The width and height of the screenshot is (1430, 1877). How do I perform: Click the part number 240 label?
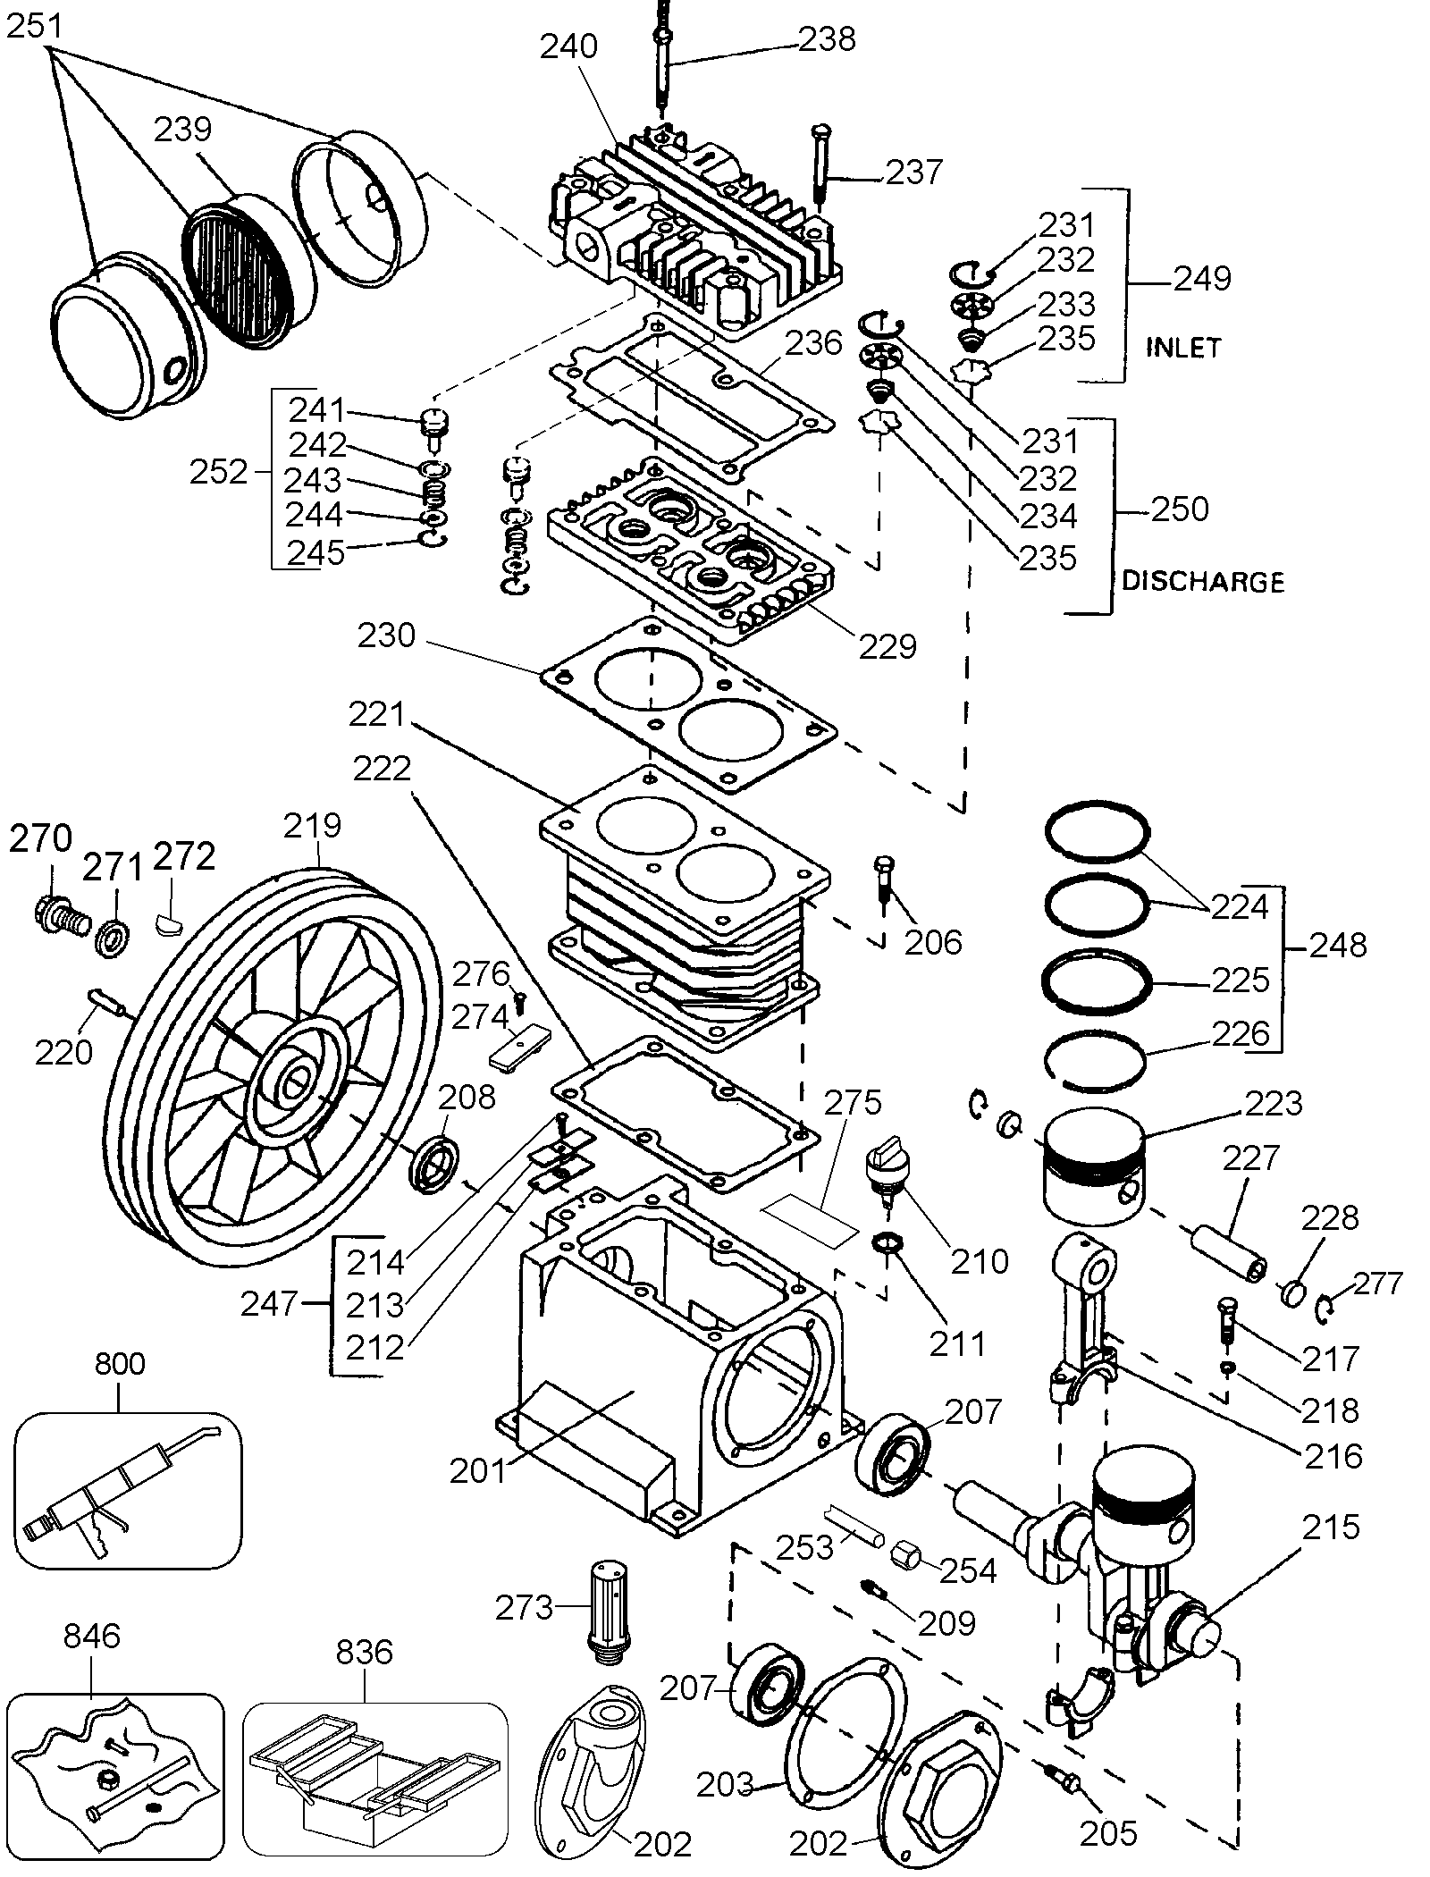point(568,46)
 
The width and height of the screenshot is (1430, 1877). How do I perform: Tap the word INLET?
point(1183,348)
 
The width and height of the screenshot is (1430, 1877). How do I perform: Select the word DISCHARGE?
point(1202,582)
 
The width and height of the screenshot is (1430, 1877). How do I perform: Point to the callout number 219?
point(313,824)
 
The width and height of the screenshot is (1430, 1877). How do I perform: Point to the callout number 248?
point(1338,945)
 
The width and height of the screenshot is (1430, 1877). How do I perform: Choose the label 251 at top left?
point(36,27)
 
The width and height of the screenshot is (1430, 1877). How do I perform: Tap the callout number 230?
point(386,636)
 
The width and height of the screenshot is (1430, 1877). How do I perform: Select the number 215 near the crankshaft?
point(1331,1528)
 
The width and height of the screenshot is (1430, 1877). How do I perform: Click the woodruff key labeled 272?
point(169,919)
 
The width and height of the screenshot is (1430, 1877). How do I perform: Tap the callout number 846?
point(92,1636)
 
